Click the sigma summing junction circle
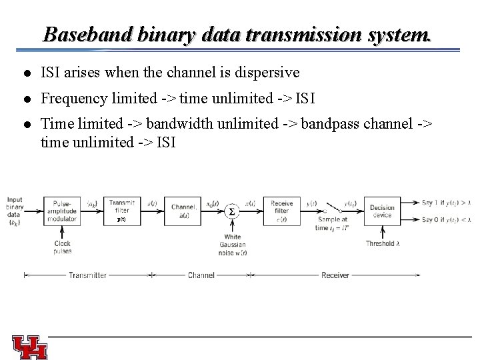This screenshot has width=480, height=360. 232,211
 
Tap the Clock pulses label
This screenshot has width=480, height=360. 62,247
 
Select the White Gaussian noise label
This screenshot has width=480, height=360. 233,245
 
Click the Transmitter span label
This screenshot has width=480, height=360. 87,275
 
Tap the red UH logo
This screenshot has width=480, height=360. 30,347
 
